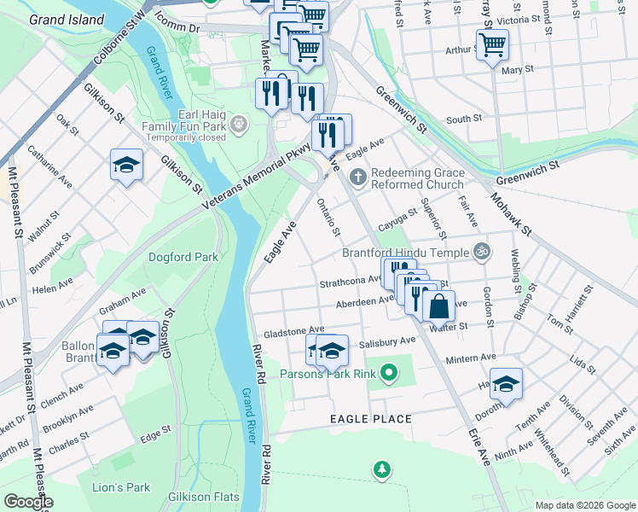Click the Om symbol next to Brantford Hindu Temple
[x=482, y=252]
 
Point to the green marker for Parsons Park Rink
[x=390, y=372]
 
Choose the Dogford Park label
[x=183, y=257]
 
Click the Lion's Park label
[x=121, y=487]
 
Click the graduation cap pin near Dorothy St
[x=506, y=382]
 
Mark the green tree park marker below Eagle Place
[x=382, y=468]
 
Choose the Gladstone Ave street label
[x=294, y=329]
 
